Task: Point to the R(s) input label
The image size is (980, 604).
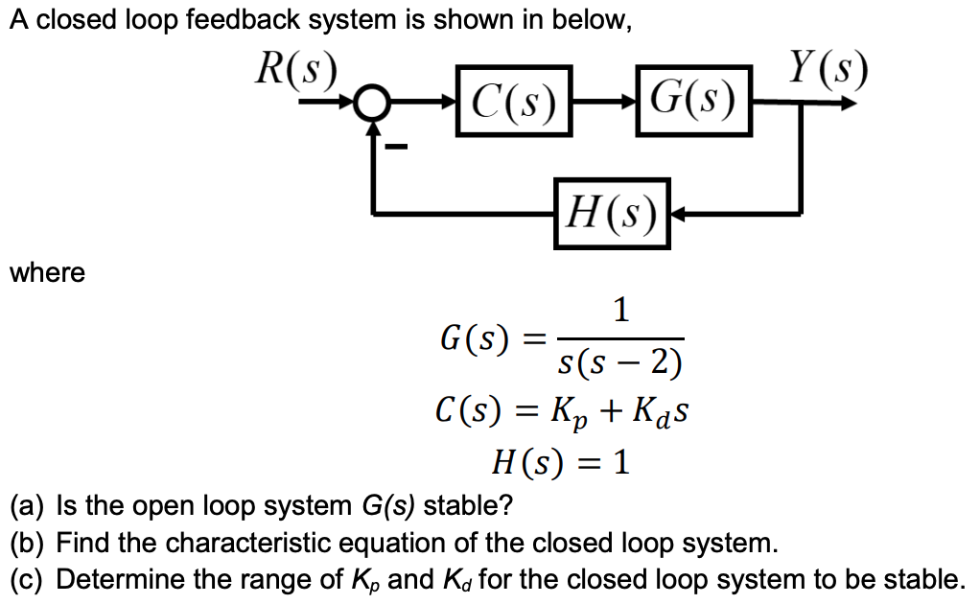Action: pos(295,67)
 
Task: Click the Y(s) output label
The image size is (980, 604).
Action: pos(827,66)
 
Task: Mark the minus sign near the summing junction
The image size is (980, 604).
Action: pos(397,147)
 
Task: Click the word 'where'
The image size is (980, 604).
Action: pos(47,273)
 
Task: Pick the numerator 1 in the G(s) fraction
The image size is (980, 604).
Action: pos(621,310)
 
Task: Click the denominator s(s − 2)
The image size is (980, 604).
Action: pos(620,362)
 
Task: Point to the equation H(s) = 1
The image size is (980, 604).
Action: pos(561,464)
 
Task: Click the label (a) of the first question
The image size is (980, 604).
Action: pos(29,505)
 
